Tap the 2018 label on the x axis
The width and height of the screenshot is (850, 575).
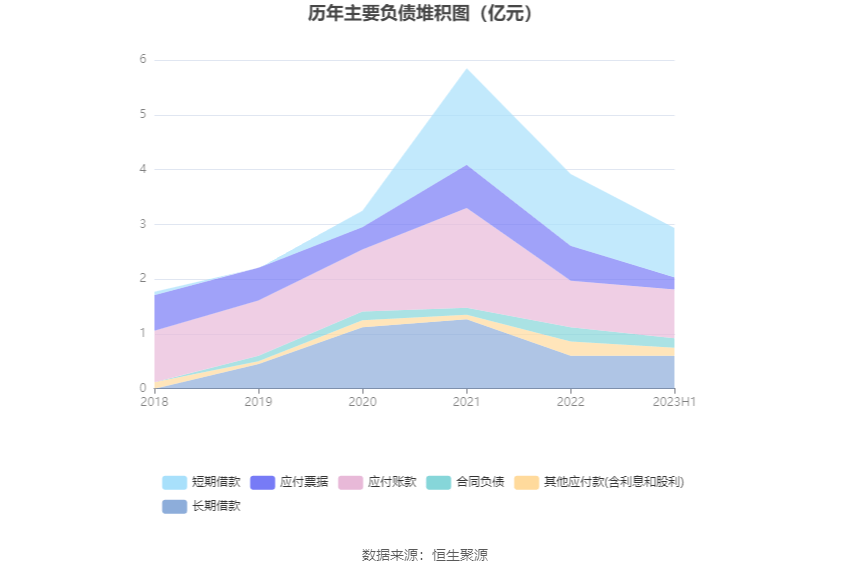[154, 401]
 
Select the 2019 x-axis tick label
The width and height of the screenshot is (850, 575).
[258, 401]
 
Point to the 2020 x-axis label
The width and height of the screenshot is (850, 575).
[362, 401]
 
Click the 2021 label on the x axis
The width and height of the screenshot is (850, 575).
[466, 401]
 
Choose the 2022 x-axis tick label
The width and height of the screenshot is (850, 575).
[570, 401]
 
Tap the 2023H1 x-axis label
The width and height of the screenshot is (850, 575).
[674, 401]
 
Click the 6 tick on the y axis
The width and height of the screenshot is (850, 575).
[143, 60]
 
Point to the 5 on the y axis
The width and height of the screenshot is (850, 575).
[143, 115]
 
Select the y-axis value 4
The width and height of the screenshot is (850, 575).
[143, 170]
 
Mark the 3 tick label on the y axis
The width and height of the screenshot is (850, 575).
[143, 224]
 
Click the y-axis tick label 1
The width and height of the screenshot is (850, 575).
[143, 333]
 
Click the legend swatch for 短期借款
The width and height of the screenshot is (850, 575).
[174, 482]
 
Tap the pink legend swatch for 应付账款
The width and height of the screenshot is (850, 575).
[350, 482]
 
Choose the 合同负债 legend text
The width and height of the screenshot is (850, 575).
[480, 482]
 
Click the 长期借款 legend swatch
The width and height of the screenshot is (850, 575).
[174, 506]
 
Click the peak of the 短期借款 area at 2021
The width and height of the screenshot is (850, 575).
[466, 69]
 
